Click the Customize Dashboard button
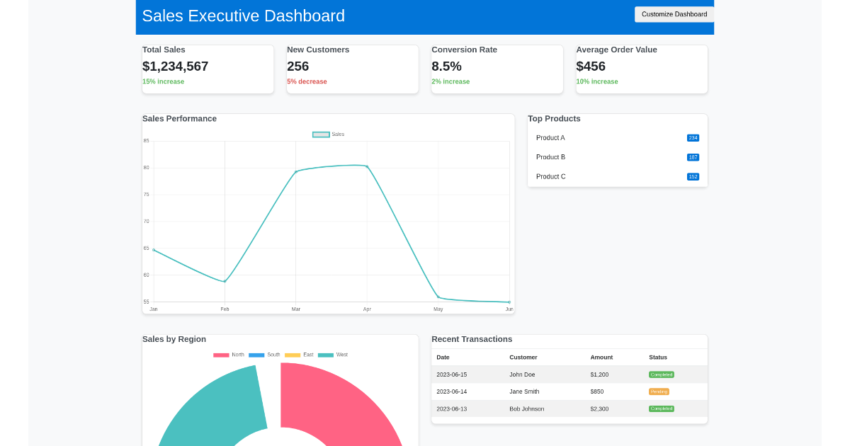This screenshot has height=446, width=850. click(x=674, y=14)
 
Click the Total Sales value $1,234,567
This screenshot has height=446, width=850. click(x=175, y=67)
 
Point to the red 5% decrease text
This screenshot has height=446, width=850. click(x=307, y=81)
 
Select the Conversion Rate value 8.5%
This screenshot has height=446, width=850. click(x=446, y=67)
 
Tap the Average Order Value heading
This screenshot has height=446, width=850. click(x=616, y=50)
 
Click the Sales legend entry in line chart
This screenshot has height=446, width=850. click(x=329, y=135)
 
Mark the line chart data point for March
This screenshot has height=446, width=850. click(x=296, y=171)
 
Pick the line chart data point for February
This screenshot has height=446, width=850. click(x=225, y=282)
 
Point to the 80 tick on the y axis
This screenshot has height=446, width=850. click(x=146, y=168)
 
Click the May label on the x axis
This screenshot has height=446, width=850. click(x=438, y=309)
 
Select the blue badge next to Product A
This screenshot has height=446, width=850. click(x=693, y=138)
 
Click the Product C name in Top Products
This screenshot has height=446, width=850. click(x=550, y=176)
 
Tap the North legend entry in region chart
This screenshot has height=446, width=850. click(x=229, y=355)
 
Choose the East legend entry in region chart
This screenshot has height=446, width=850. click(x=299, y=355)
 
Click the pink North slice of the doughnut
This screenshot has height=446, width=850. click(x=340, y=404)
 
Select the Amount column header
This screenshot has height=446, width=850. click(x=601, y=358)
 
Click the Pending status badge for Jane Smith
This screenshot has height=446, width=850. click(x=659, y=391)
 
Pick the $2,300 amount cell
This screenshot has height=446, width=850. click(x=599, y=408)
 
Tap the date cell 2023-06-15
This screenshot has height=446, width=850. click(x=451, y=374)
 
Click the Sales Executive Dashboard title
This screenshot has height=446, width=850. click(x=243, y=16)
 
